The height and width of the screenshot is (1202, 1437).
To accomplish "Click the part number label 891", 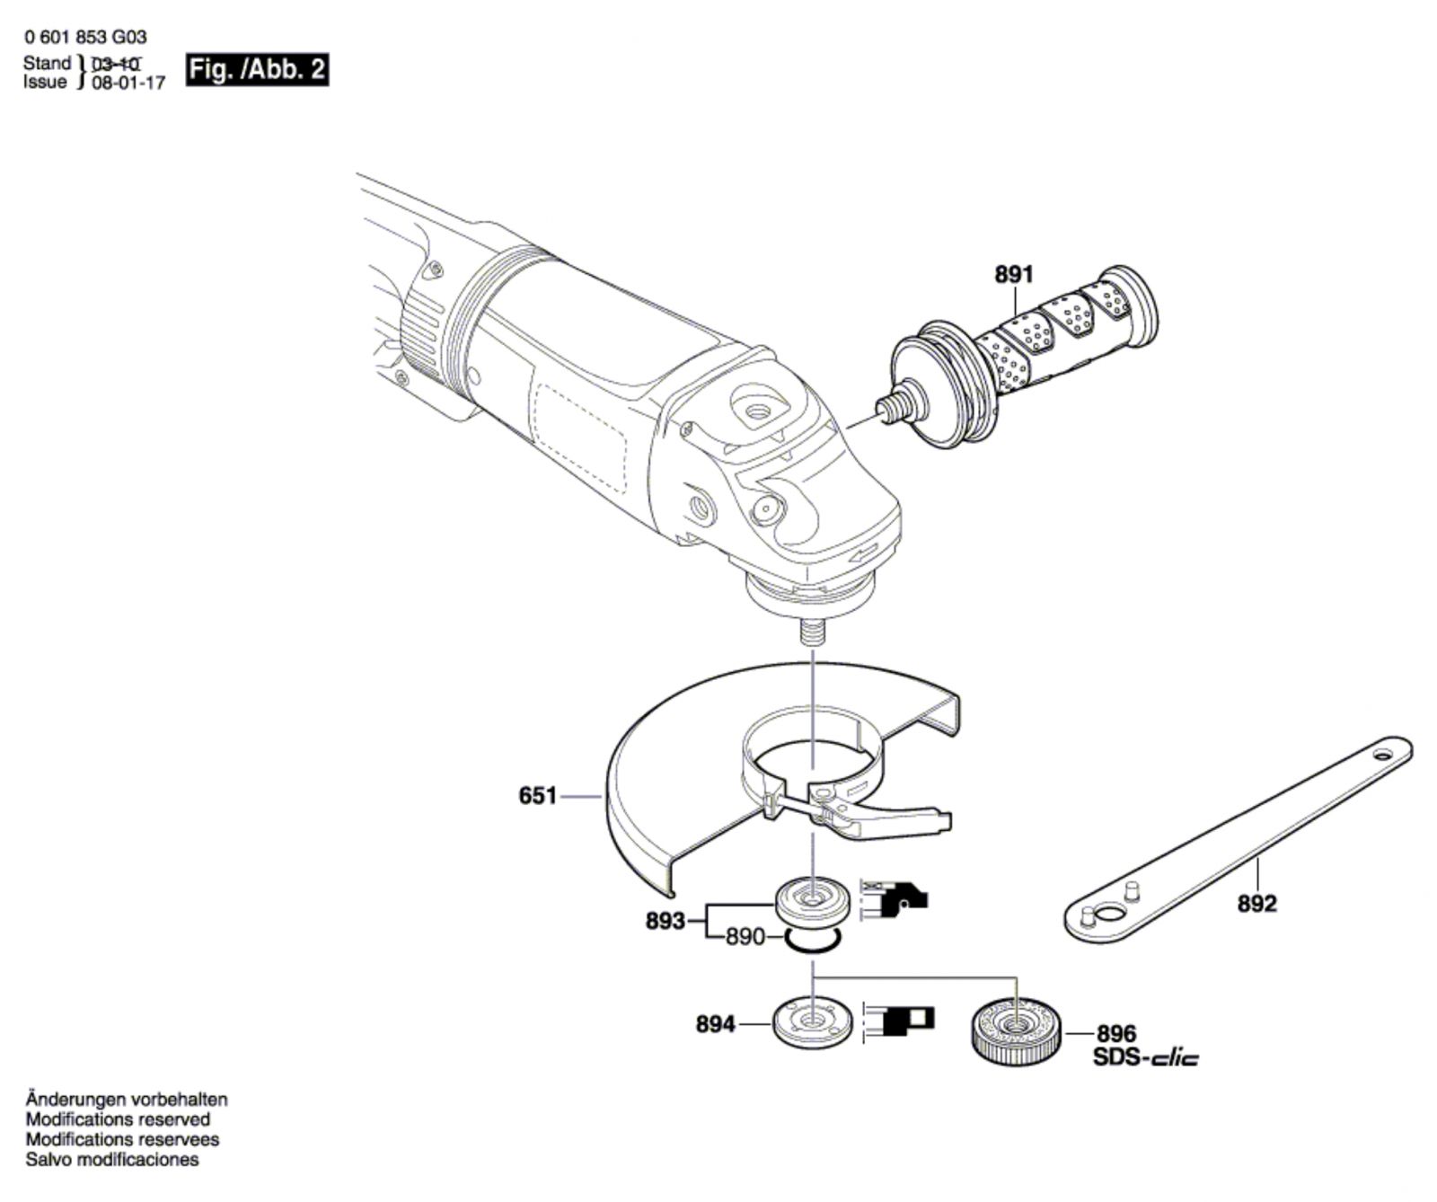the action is click(1014, 275).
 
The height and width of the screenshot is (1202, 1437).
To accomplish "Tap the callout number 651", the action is click(538, 796).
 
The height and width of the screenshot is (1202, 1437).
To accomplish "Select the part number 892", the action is click(1256, 904).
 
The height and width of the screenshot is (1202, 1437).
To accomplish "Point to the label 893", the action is click(666, 922).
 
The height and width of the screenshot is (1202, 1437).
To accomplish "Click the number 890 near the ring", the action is click(745, 938).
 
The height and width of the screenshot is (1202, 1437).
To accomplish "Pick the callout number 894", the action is click(716, 1024).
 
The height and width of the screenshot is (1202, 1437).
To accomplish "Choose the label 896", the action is click(1116, 1035).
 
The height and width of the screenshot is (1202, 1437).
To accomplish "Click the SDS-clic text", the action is click(1145, 1058).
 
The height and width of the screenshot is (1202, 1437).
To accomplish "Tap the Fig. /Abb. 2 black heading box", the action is click(257, 69).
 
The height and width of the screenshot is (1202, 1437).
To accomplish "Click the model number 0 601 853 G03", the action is click(86, 37).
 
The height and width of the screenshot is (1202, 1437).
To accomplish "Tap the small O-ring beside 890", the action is click(813, 941).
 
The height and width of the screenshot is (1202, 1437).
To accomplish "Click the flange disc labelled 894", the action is click(812, 1022).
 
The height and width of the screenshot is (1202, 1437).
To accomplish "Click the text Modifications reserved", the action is click(118, 1120).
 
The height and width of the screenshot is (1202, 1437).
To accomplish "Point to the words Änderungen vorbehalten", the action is click(127, 1100).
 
